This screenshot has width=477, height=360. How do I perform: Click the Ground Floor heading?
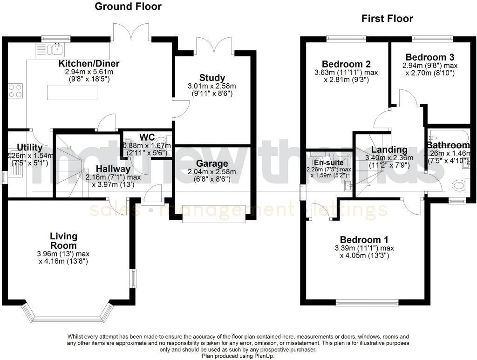[x=128, y=7]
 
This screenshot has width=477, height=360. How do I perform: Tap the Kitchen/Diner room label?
[x=89, y=64]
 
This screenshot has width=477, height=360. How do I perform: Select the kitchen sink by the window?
[x=57, y=48]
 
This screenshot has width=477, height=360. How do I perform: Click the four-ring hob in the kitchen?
[x=15, y=90]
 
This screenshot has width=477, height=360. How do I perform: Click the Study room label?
[x=212, y=78]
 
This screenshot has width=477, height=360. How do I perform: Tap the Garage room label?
[x=212, y=163]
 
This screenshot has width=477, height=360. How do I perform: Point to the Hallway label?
[x=110, y=169]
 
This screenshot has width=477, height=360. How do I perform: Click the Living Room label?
[x=64, y=241]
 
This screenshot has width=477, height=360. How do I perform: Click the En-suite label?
[x=328, y=163]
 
